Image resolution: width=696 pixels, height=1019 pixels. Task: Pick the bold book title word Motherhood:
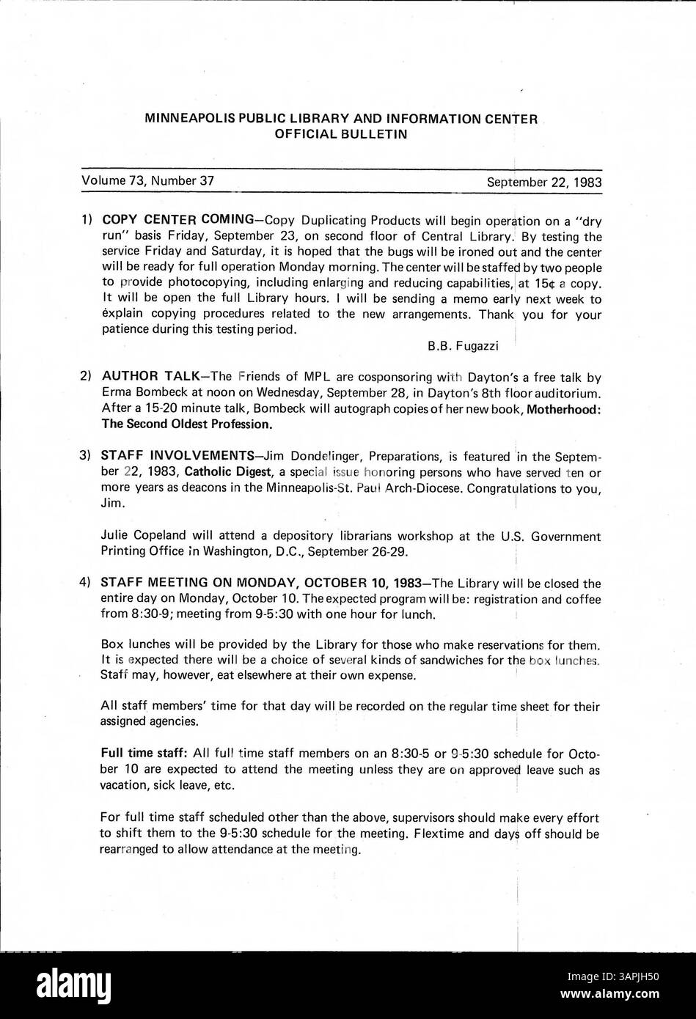pos(565,408)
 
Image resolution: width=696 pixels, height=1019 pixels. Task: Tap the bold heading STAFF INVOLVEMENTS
pos(175,457)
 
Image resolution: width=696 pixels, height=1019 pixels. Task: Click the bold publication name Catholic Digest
pos(228,472)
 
